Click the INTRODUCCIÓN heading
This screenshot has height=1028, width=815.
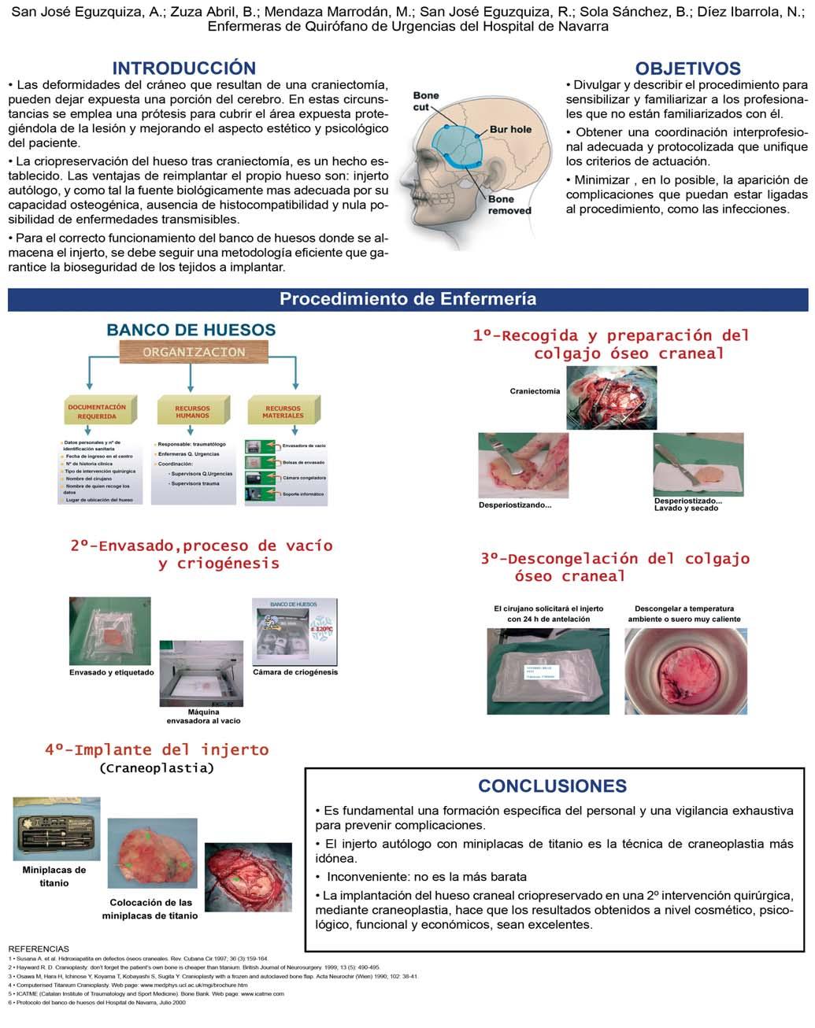point(183,68)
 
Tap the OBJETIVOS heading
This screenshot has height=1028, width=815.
point(687,68)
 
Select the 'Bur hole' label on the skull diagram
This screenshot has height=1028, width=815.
point(510,129)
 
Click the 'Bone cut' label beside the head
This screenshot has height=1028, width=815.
point(426,101)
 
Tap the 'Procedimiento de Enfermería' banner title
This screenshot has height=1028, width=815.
point(408,299)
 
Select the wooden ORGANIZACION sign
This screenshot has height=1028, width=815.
point(194,352)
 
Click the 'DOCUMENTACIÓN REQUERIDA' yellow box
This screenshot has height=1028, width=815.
point(98,412)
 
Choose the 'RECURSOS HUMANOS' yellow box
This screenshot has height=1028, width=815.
point(193,412)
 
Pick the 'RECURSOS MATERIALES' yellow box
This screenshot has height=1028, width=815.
point(283,412)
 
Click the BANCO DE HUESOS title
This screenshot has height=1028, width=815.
point(191,330)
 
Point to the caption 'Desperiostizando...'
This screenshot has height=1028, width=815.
point(515,505)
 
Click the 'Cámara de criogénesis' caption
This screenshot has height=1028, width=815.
point(295,671)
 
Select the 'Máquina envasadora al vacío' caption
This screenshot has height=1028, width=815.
point(203,716)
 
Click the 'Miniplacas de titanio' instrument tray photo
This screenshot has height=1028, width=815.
point(57,830)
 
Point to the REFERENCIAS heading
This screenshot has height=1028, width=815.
point(38,948)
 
